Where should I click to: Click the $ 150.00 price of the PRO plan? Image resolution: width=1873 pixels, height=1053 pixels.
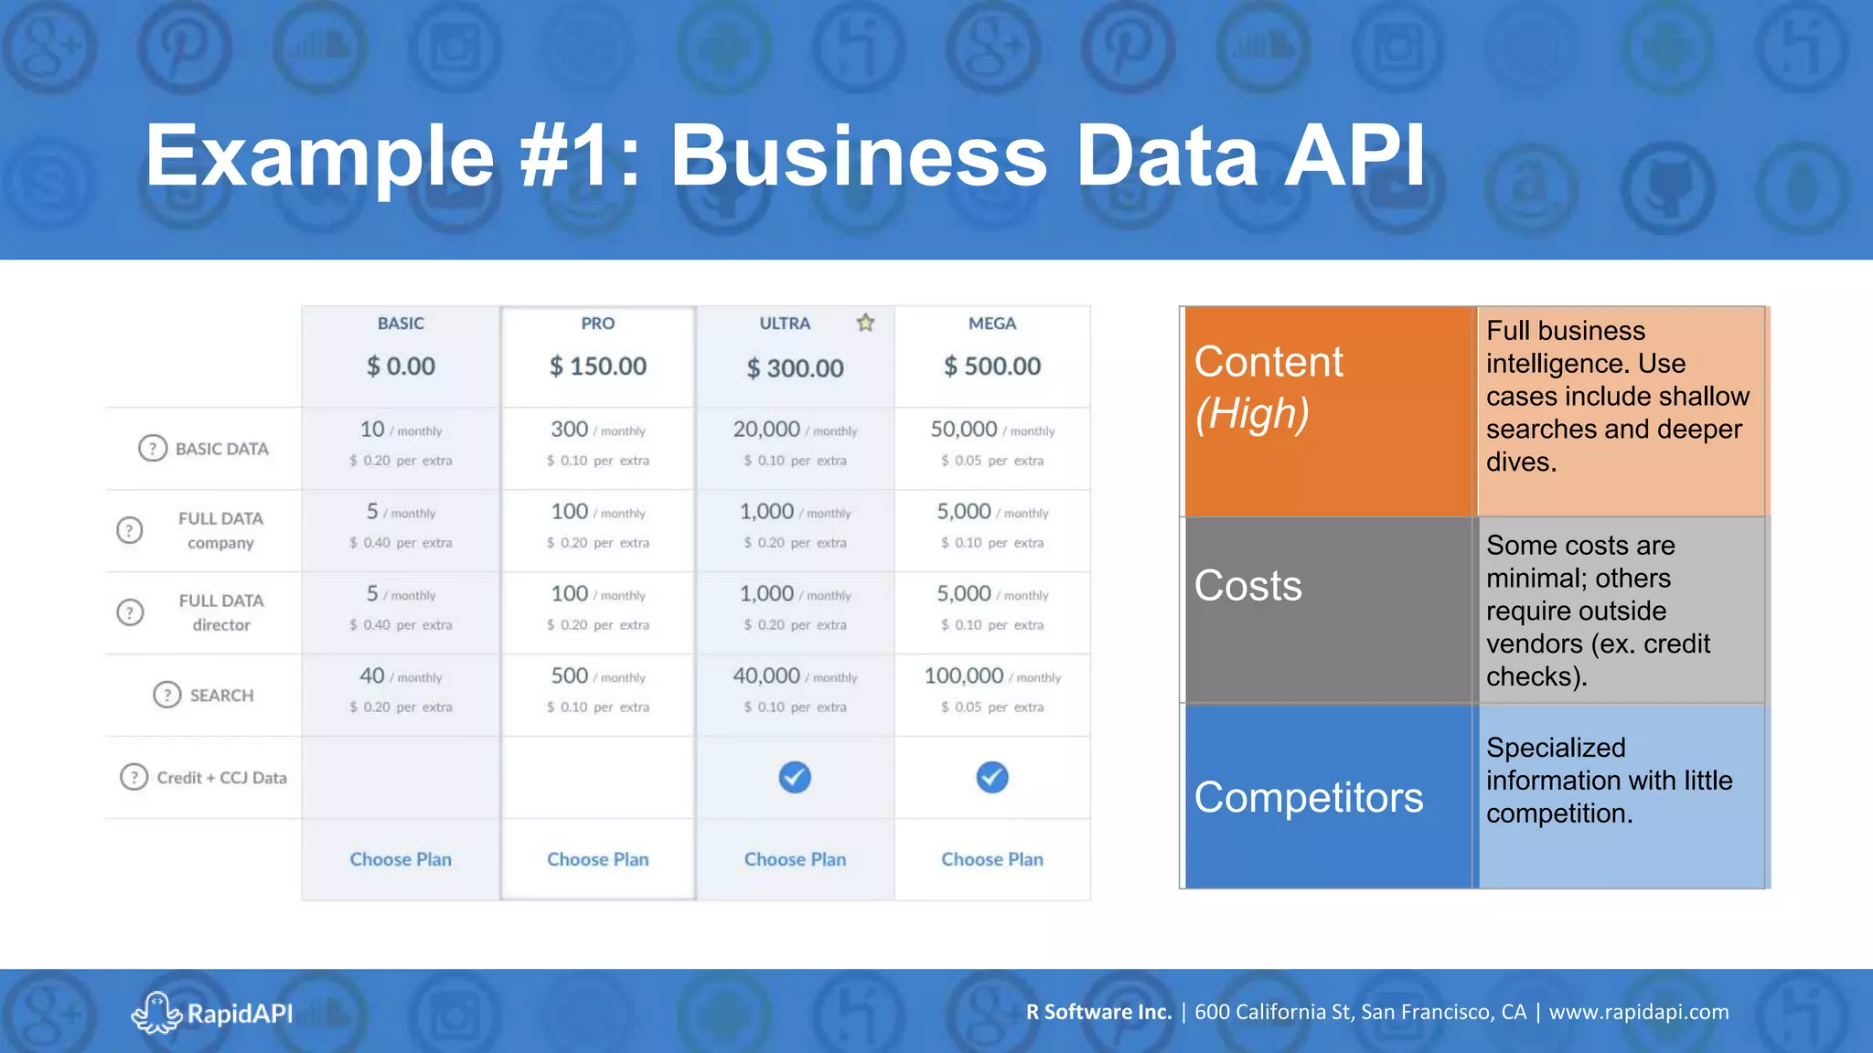[597, 367]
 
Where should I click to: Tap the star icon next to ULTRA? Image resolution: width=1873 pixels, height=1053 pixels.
[865, 323]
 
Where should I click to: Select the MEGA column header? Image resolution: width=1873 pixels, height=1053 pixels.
[991, 324]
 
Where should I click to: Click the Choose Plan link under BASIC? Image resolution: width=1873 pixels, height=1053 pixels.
[401, 859]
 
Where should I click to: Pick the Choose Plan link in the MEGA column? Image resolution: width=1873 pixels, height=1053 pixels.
[991, 859]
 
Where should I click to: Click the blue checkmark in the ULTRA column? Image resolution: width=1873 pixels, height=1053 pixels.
[795, 777]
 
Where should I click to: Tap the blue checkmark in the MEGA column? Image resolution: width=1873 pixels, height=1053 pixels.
[991, 777]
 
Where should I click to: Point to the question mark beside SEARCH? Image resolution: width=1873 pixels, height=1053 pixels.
[166, 695]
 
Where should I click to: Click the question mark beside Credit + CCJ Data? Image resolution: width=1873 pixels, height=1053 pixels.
[134, 777]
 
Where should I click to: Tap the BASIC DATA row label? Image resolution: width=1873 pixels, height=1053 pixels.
[221, 449]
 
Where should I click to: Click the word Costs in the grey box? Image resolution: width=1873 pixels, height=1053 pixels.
[1247, 586]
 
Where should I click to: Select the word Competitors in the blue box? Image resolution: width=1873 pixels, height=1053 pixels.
[1308, 798]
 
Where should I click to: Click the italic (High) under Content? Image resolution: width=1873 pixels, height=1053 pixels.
[1252, 413]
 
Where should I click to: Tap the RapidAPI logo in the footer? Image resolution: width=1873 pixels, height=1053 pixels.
[212, 1013]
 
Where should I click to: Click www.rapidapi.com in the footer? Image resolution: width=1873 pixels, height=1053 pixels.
[1638, 1012]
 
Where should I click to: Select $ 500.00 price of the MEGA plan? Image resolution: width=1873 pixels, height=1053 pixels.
[991, 367]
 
